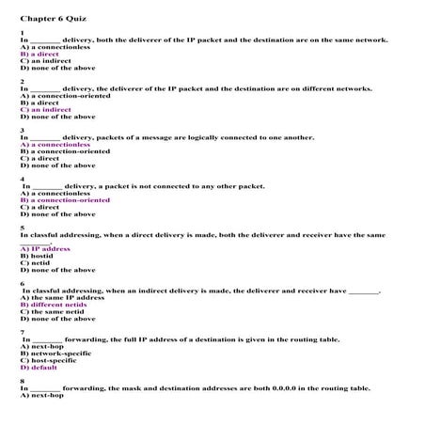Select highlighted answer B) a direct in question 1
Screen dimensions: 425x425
39,55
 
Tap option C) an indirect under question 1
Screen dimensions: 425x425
42,61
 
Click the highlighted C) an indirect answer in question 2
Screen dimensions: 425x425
45,110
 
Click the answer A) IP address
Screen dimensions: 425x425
44,249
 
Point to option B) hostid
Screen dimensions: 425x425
35,256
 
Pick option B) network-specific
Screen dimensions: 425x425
55,354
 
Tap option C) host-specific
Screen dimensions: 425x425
50,360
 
